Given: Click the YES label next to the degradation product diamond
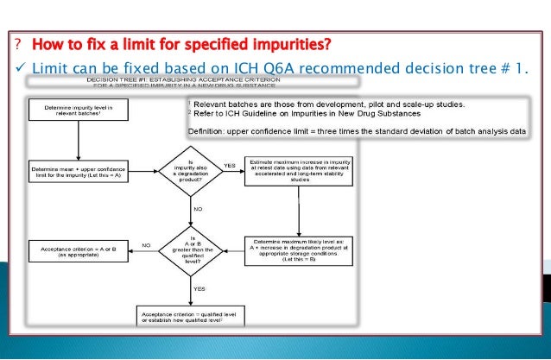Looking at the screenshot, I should coord(230,165).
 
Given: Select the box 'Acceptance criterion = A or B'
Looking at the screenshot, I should coord(78,251).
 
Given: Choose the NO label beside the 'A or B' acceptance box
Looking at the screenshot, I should coord(146,246).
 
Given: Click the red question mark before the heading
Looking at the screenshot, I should coord(17,44).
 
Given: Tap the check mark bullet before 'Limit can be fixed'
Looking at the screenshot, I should coord(18,68).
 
